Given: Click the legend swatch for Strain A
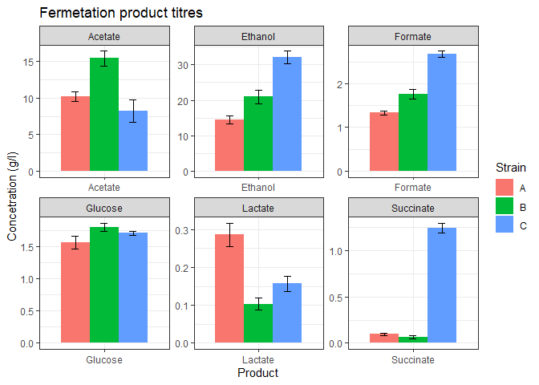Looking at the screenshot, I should pyautogui.click(x=505, y=188).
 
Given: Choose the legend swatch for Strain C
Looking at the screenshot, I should pyautogui.click(x=505, y=226).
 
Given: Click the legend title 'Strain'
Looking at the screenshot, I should pyautogui.click(x=510, y=168).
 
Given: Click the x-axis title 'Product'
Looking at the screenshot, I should pyautogui.click(x=258, y=373).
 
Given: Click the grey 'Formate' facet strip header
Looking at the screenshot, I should pyautogui.click(x=413, y=37).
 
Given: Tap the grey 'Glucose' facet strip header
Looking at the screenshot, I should pyautogui.click(x=104, y=209).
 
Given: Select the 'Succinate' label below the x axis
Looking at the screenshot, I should pyautogui.click(x=413, y=360).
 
